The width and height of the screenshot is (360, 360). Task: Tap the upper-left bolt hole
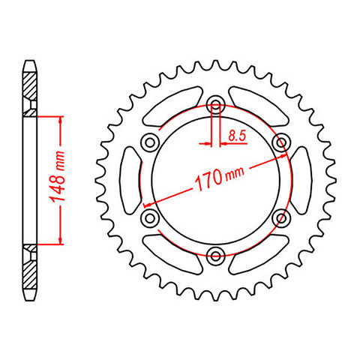coord(150,142)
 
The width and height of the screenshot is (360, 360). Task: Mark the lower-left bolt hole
coord(150,217)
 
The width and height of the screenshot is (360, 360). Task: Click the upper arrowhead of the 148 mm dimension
coord(59,120)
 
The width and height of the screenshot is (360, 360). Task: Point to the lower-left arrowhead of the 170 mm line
coord(148,203)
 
